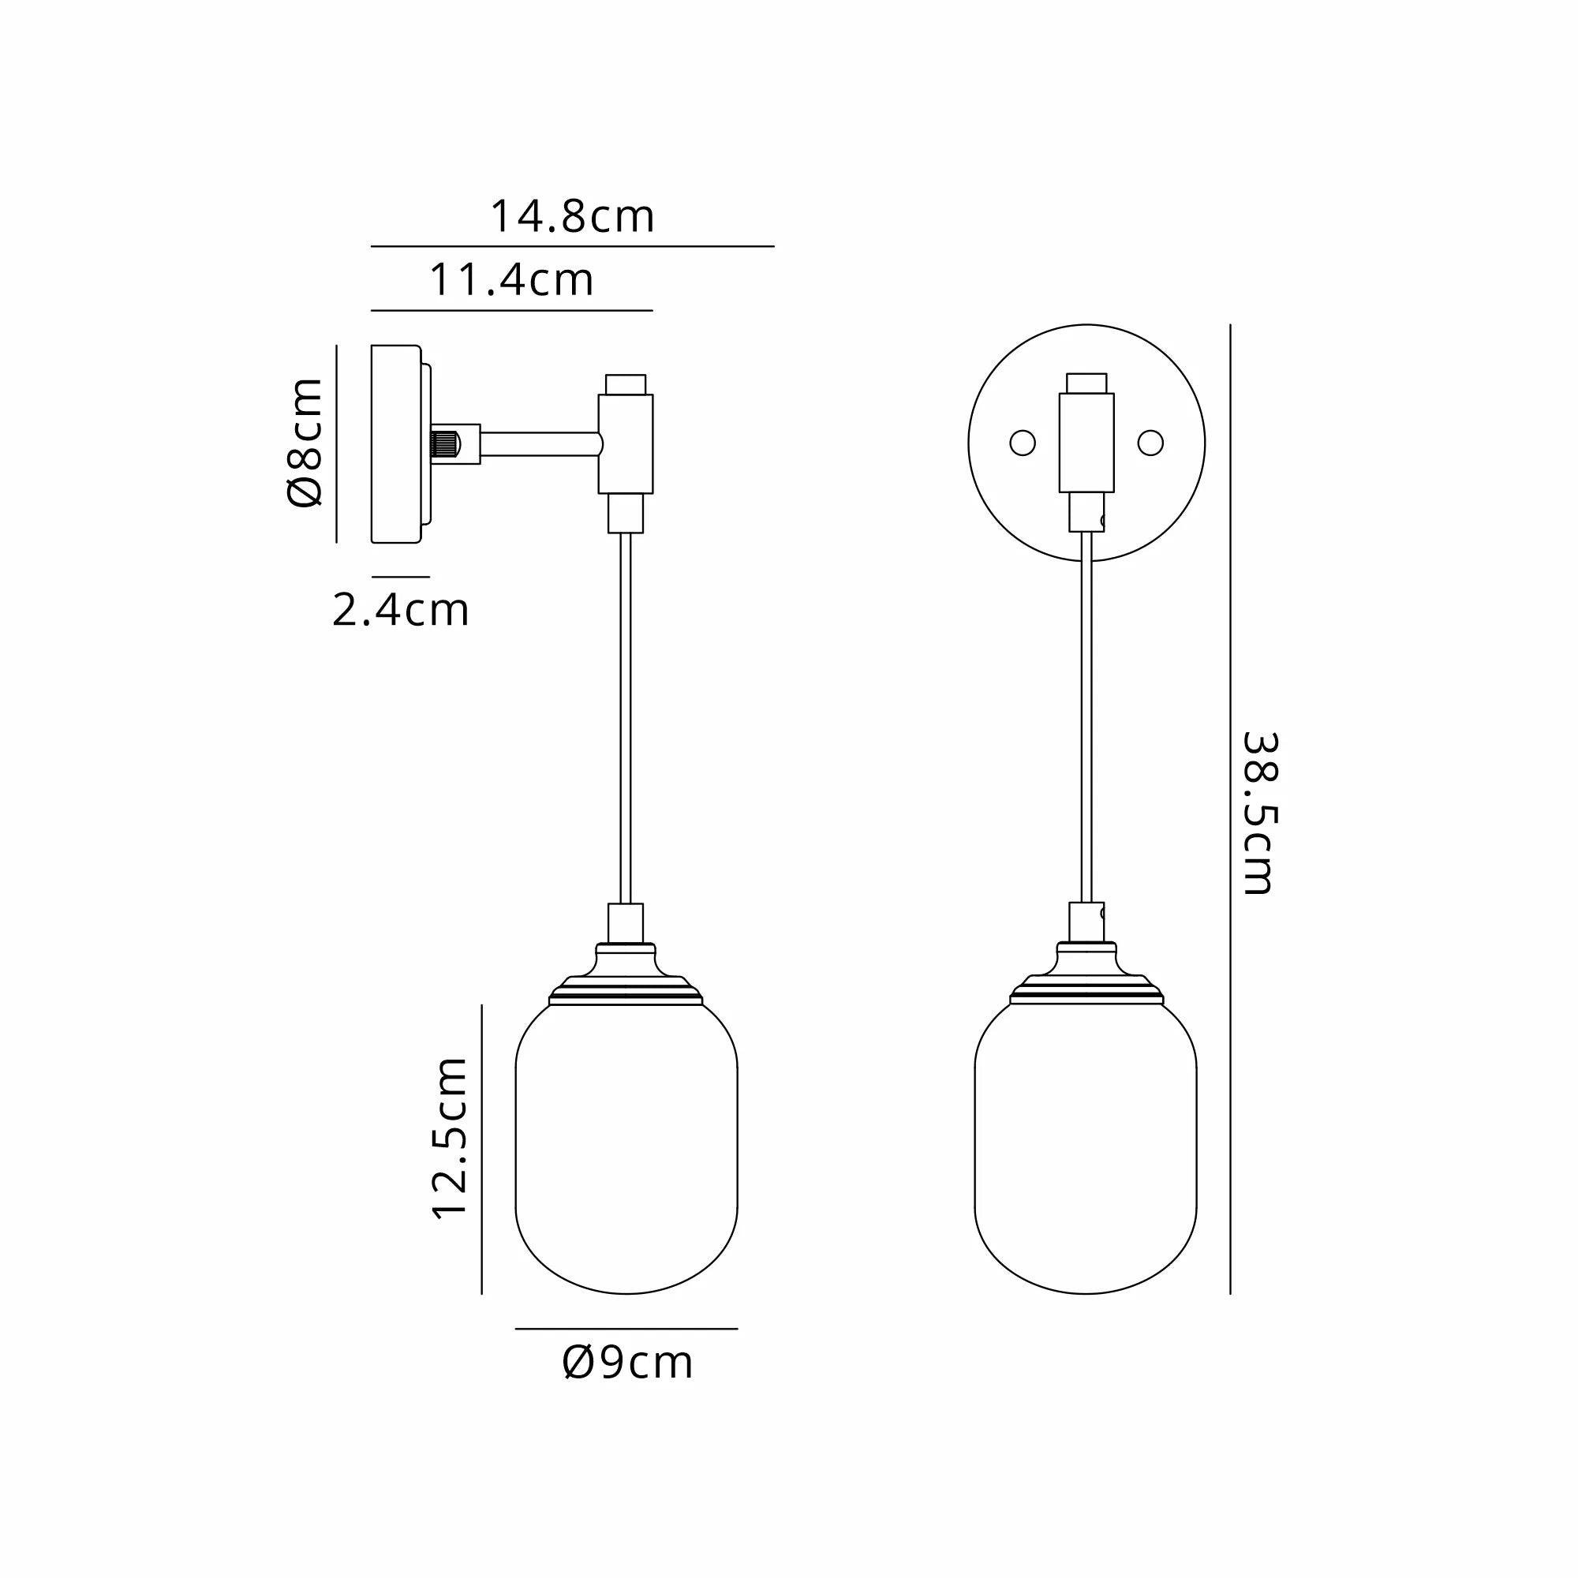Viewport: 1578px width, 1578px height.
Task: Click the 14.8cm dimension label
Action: (x=572, y=217)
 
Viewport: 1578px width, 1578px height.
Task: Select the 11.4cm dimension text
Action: (x=511, y=280)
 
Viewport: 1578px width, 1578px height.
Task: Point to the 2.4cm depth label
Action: (x=400, y=610)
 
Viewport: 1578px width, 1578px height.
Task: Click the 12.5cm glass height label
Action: (x=450, y=1138)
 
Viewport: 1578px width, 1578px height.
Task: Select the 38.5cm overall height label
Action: (x=1258, y=813)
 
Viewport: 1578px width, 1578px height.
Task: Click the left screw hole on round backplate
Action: (x=1023, y=443)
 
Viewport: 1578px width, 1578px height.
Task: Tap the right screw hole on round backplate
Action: (x=1150, y=443)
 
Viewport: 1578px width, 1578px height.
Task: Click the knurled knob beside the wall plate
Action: (x=444, y=444)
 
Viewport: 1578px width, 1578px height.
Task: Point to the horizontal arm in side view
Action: (x=539, y=444)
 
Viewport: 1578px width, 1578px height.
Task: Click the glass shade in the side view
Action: (x=626, y=1143)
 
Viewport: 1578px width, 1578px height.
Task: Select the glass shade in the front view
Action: (x=1086, y=1143)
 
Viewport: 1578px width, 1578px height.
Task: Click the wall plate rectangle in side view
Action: (x=395, y=443)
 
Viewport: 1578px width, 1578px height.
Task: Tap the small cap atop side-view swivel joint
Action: (x=626, y=384)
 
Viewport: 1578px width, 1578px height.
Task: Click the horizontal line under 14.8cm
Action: (x=572, y=246)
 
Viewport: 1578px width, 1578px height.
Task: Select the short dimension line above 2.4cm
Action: (x=401, y=577)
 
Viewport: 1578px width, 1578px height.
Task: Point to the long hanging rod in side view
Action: (x=626, y=719)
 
